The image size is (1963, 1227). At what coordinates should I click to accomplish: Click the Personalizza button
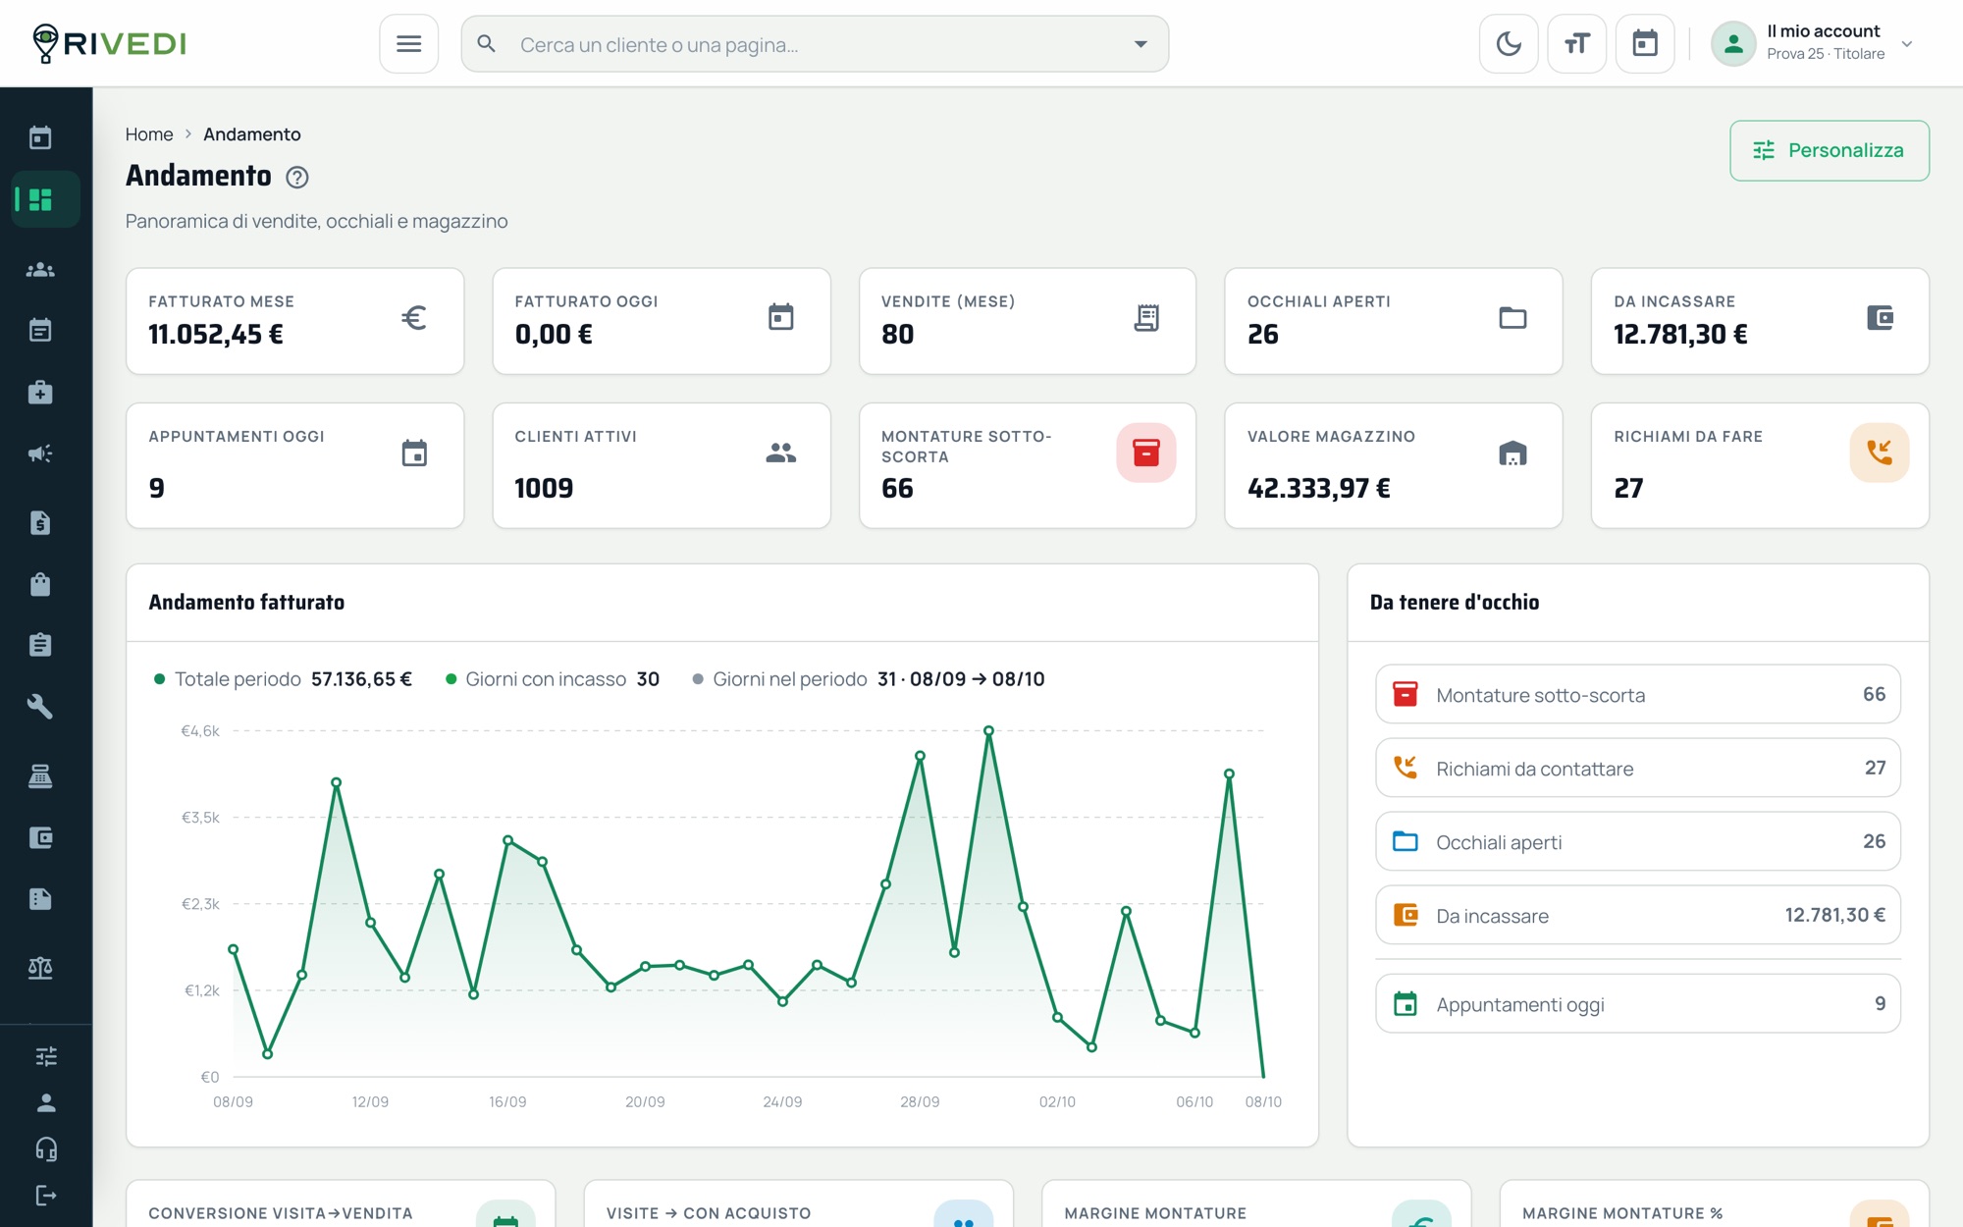1830,150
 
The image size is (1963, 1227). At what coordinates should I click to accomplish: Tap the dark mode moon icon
1509,43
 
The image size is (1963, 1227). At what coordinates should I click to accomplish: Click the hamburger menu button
408,43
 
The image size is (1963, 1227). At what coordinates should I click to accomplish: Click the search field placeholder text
659,44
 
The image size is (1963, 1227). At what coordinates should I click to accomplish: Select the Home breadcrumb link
149,134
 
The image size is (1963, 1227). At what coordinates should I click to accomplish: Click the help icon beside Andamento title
296,177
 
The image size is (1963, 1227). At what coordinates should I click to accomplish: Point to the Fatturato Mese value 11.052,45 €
216,335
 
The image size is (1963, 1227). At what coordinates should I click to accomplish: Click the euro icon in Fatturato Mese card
413,317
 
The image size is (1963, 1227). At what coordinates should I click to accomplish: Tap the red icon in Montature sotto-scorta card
1145,453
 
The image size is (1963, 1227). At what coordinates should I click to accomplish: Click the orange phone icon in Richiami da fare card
1879,453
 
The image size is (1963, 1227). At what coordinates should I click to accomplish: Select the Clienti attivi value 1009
544,488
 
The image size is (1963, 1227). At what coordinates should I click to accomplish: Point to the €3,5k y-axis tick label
200,818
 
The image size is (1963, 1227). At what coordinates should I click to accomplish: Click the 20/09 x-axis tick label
645,1101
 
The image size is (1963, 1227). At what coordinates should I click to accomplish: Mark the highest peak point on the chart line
988,730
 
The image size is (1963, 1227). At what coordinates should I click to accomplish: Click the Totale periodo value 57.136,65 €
361,679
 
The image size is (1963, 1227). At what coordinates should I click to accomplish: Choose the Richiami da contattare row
1637,768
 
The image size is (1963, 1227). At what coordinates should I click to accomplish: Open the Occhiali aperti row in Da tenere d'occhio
1637,841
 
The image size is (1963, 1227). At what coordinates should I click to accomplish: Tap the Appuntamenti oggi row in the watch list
1637,1003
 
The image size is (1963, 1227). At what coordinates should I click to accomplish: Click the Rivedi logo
109,43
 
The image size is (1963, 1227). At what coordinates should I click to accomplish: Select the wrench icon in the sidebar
40,707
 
